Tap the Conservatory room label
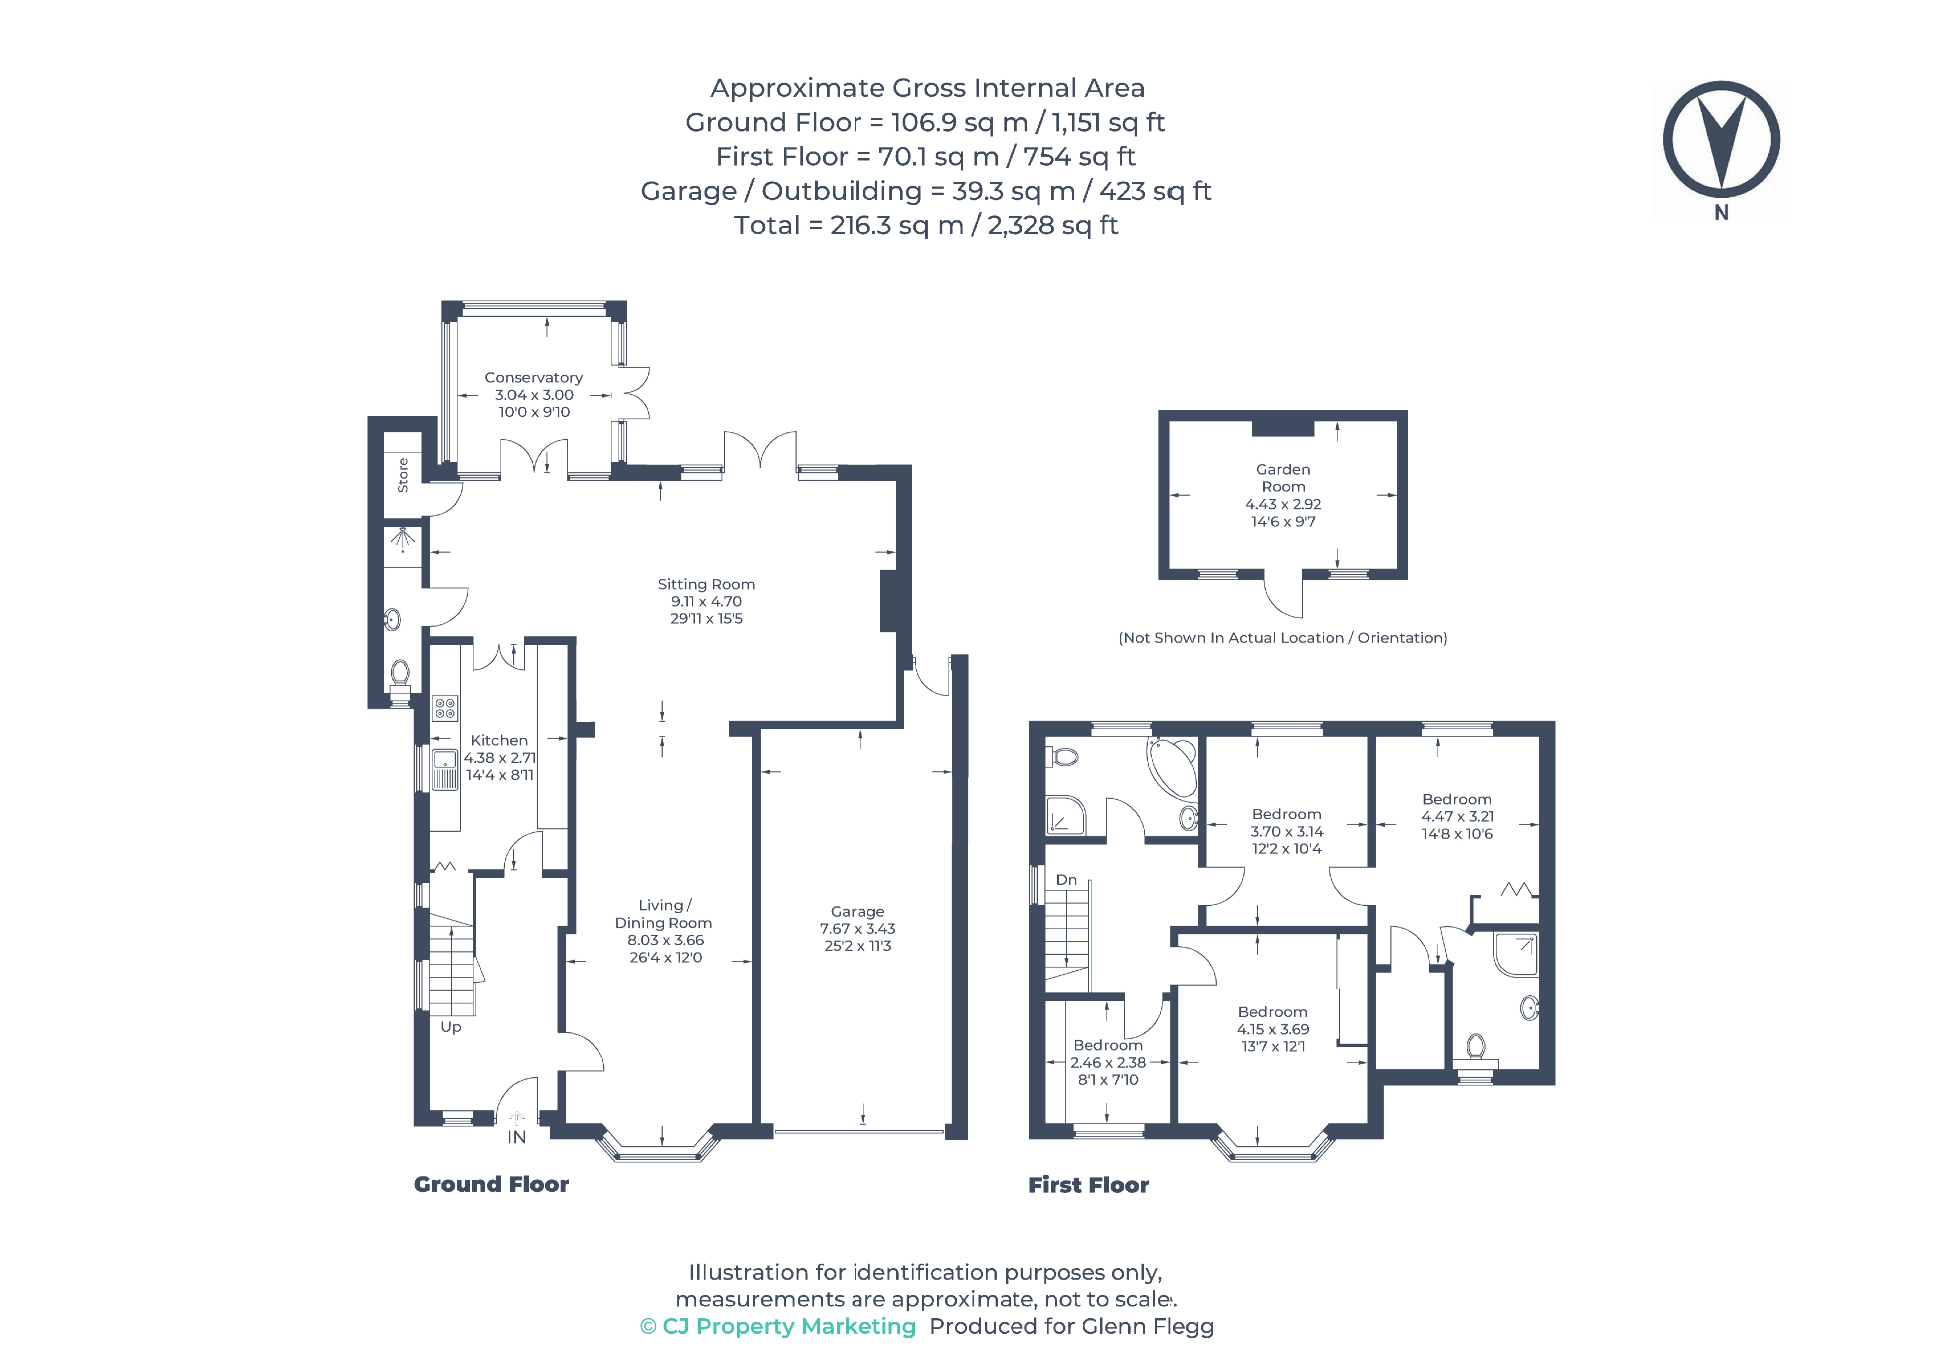pos(533,377)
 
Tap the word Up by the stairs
pos(451,1027)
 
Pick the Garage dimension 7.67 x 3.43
pos(858,929)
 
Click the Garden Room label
pos(1283,478)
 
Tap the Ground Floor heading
pos(491,1184)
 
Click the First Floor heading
pos(1088,1185)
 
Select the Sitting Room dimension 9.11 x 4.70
pos(706,601)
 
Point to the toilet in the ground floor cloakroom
pos(400,677)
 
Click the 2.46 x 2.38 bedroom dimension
pos(1108,1062)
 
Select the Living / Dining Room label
pos(663,914)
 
